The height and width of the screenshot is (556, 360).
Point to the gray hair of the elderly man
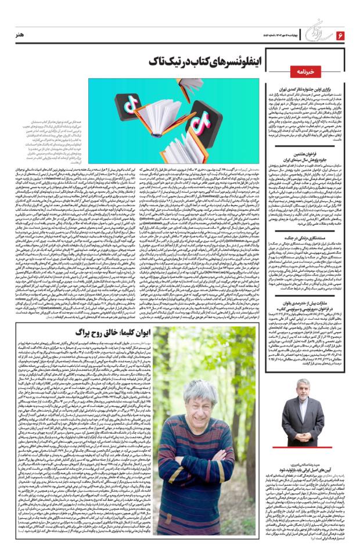pyautogui.click(x=207, y=387)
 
